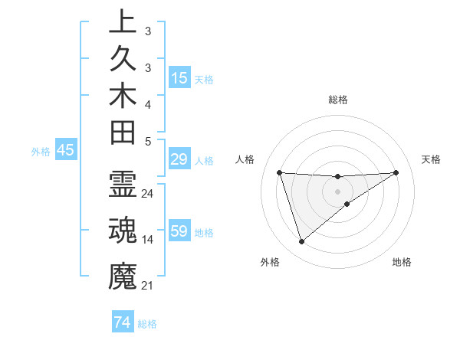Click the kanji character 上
coord(123,21)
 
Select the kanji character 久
coord(123,58)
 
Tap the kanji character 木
coord(123,96)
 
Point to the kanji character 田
coord(123,133)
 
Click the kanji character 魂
coord(123,229)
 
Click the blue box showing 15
coord(179,78)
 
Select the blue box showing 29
coord(179,160)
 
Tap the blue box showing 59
coord(179,231)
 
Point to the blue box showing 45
coord(65,151)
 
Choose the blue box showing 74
coord(122,323)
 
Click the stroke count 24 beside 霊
coord(148,194)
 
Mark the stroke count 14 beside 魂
coord(148,240)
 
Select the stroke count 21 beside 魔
coord(148,286)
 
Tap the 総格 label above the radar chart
coord(338,100)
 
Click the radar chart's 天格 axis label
coord(432,159)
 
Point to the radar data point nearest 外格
coord(301,242)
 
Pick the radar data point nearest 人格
coord(280,172)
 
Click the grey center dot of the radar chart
coord(338,191)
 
